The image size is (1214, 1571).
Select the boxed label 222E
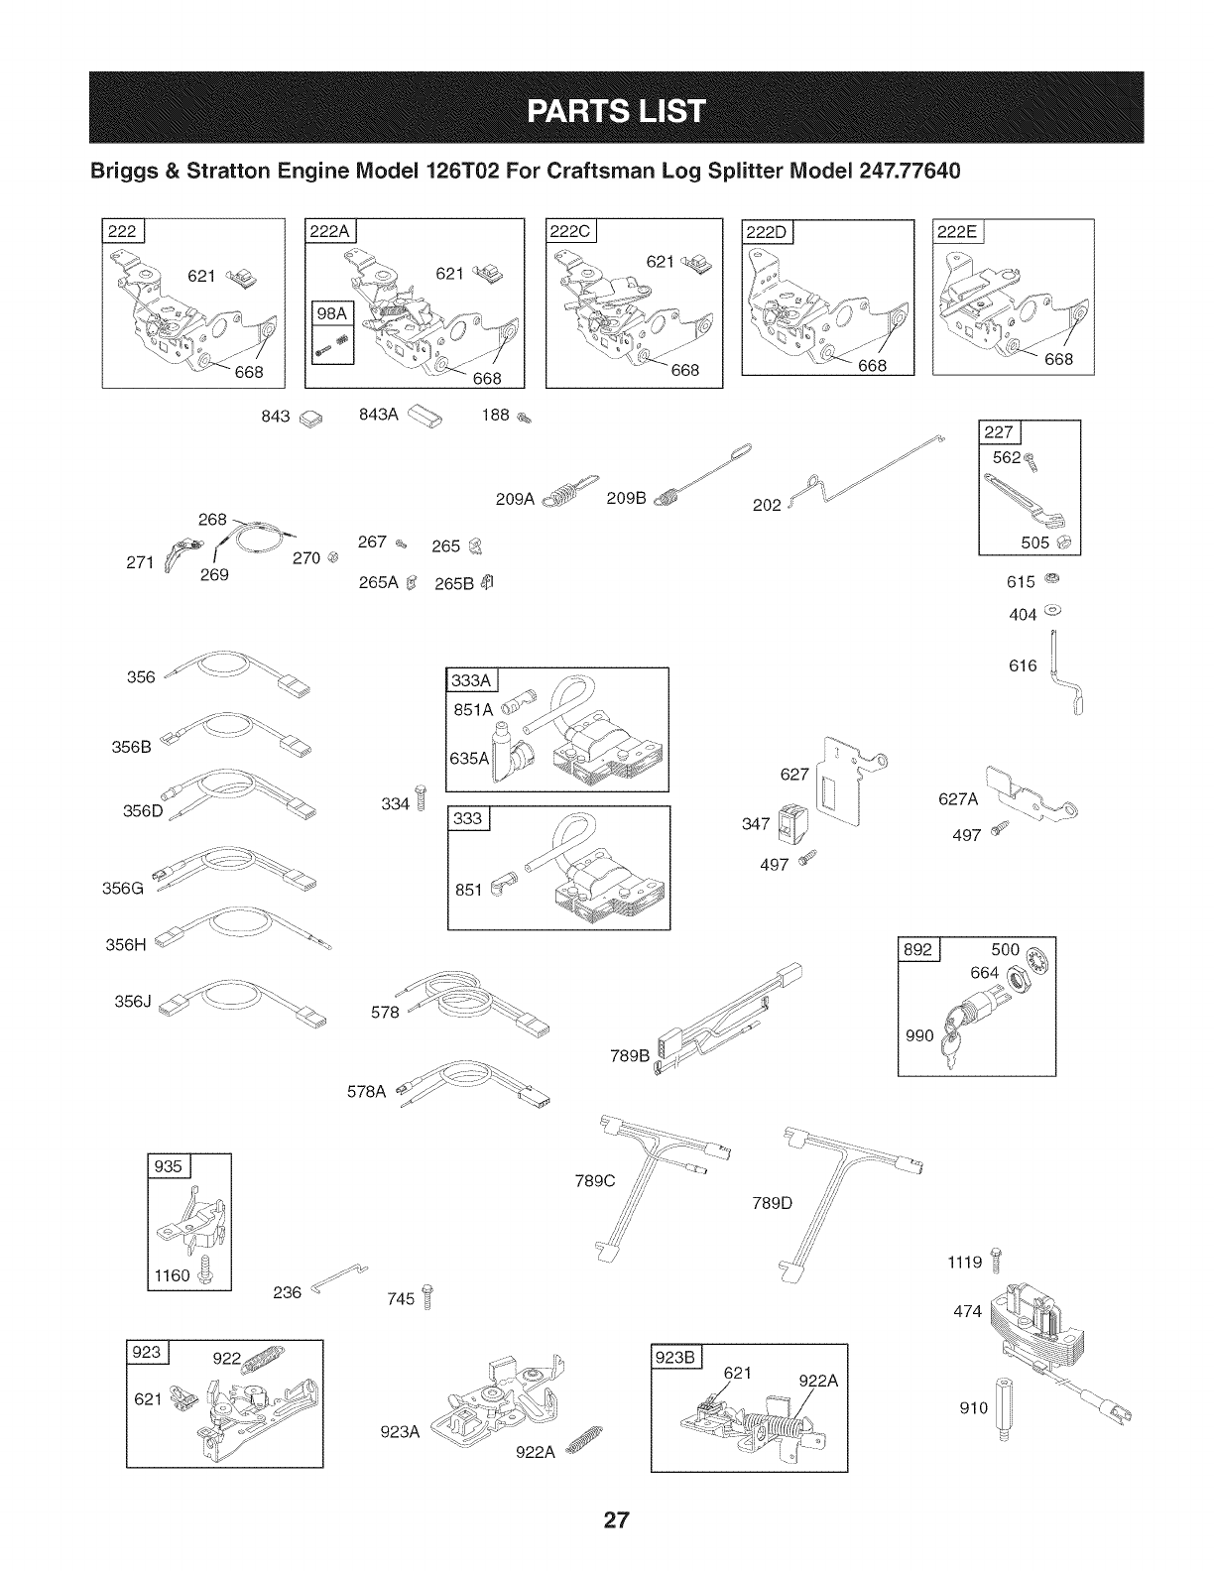(x=955, y=232)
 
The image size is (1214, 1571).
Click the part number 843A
(x=377, y=415)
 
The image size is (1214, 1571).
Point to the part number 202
(x=767, y=504)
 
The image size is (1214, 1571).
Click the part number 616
(x=1023, y=665)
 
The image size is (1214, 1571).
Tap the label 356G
(x=124, y=889)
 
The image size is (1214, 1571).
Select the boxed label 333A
(x=470, y=679)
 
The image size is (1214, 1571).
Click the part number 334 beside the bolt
(x=395, y=803)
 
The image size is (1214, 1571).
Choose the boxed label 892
(x=917, y=949)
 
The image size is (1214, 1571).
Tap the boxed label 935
(x=169, y=1166)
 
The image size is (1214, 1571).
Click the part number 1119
(x=965, y=1263)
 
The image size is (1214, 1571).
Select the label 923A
(x=401, y=1431)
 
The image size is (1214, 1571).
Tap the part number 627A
(x=958, y=799)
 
